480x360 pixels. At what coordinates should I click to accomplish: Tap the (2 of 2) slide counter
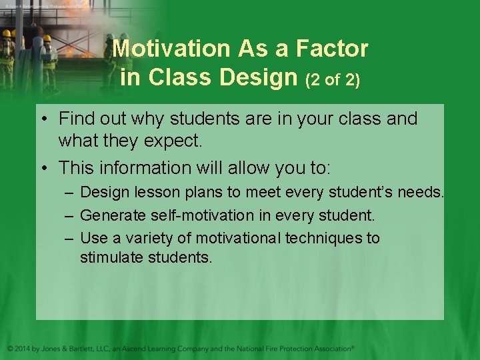pyautogui.click(x=333, y=80)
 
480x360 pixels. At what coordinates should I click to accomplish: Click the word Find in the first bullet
pyautogui.click(x=75, y=119)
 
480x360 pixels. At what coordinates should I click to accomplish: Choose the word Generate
pyautogui.click(x=109, y=215)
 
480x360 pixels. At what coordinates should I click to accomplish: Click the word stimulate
pyautogui.click(x=107, y=257)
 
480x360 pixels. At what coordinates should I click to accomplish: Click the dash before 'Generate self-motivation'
pyautogui.click(x=70, y=215)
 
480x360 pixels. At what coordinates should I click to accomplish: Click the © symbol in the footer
pyautogui.click(x=9, y=348)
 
